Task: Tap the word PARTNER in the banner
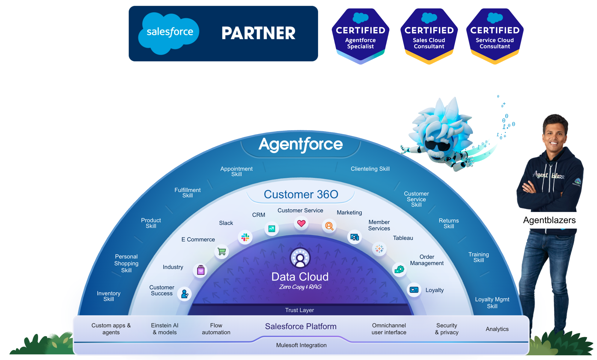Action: click(258, 33)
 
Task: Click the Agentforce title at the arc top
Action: click(301, 144)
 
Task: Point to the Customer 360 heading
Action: click(301, 194)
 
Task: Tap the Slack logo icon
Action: click(245, 238)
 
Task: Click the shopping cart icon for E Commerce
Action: click(222, 251)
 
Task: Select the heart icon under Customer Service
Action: click(301, 223)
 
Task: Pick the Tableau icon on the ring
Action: click(379, 249)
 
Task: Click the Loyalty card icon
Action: click(414, 290)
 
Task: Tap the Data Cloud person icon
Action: click(300, 258)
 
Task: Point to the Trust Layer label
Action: click(299, 310)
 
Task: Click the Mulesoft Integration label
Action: click(301, 345)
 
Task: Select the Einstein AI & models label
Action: click(165, 329)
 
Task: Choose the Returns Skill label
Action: click(449, 223)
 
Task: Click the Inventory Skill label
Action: click(108, 296)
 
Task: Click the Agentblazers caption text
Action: click(549, 220)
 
